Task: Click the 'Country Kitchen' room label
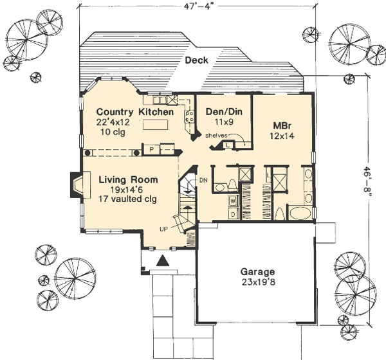click(x=127, y=112)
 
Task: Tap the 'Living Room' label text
click(x=128, y=180)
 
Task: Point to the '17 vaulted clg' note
click(x=128, y=199)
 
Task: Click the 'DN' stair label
click(x=203, y=179)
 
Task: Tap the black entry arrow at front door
click(x=163, y=260)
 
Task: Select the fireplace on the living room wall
click(x=76, y=186)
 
